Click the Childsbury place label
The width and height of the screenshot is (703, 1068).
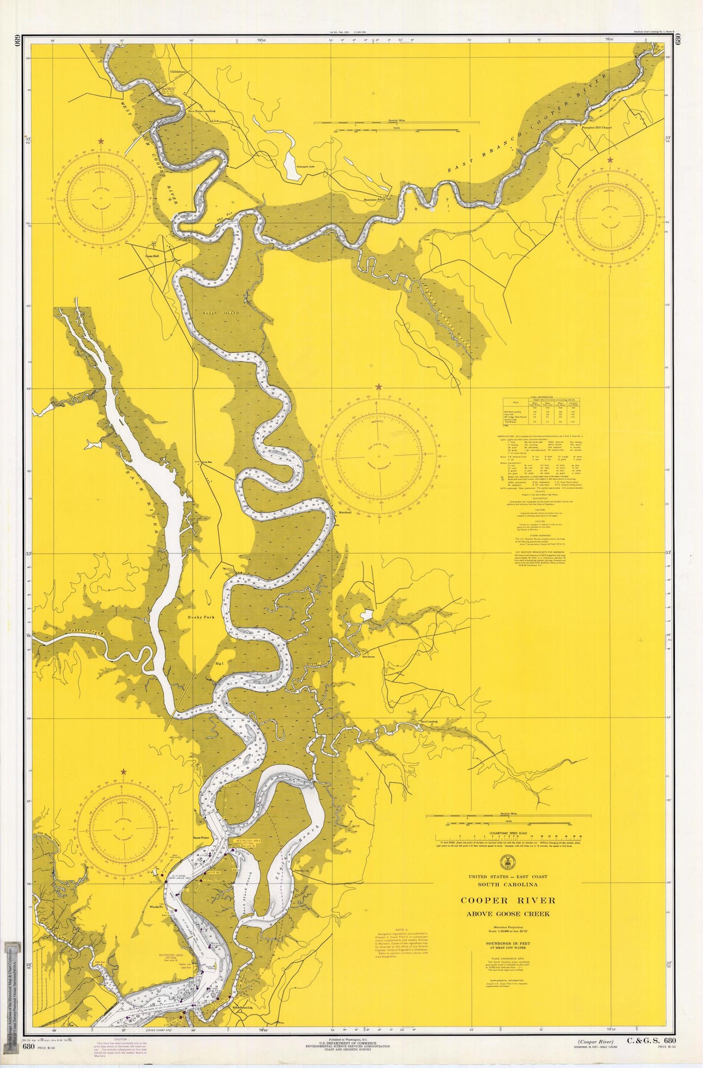(178, 72)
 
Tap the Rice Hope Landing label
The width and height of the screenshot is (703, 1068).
(201, 111)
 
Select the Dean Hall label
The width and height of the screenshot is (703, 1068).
(152, 255)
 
